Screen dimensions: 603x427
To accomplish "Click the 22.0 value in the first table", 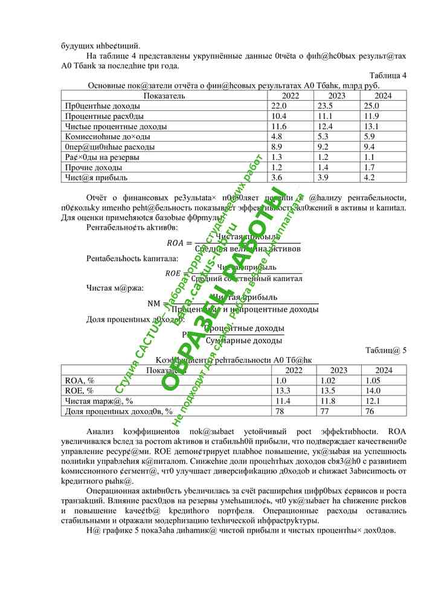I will click(x=278, y=106).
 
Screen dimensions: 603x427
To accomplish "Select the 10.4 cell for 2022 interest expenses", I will click(x=278, y=116).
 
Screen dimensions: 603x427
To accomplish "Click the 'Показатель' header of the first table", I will click(x=164, y=95).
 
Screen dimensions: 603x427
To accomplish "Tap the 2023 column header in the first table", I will click(x=338, y=95).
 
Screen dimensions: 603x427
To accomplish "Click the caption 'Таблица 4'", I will click(x=388, y=75).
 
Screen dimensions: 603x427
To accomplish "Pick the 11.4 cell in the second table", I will click(x=284, y=401).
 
